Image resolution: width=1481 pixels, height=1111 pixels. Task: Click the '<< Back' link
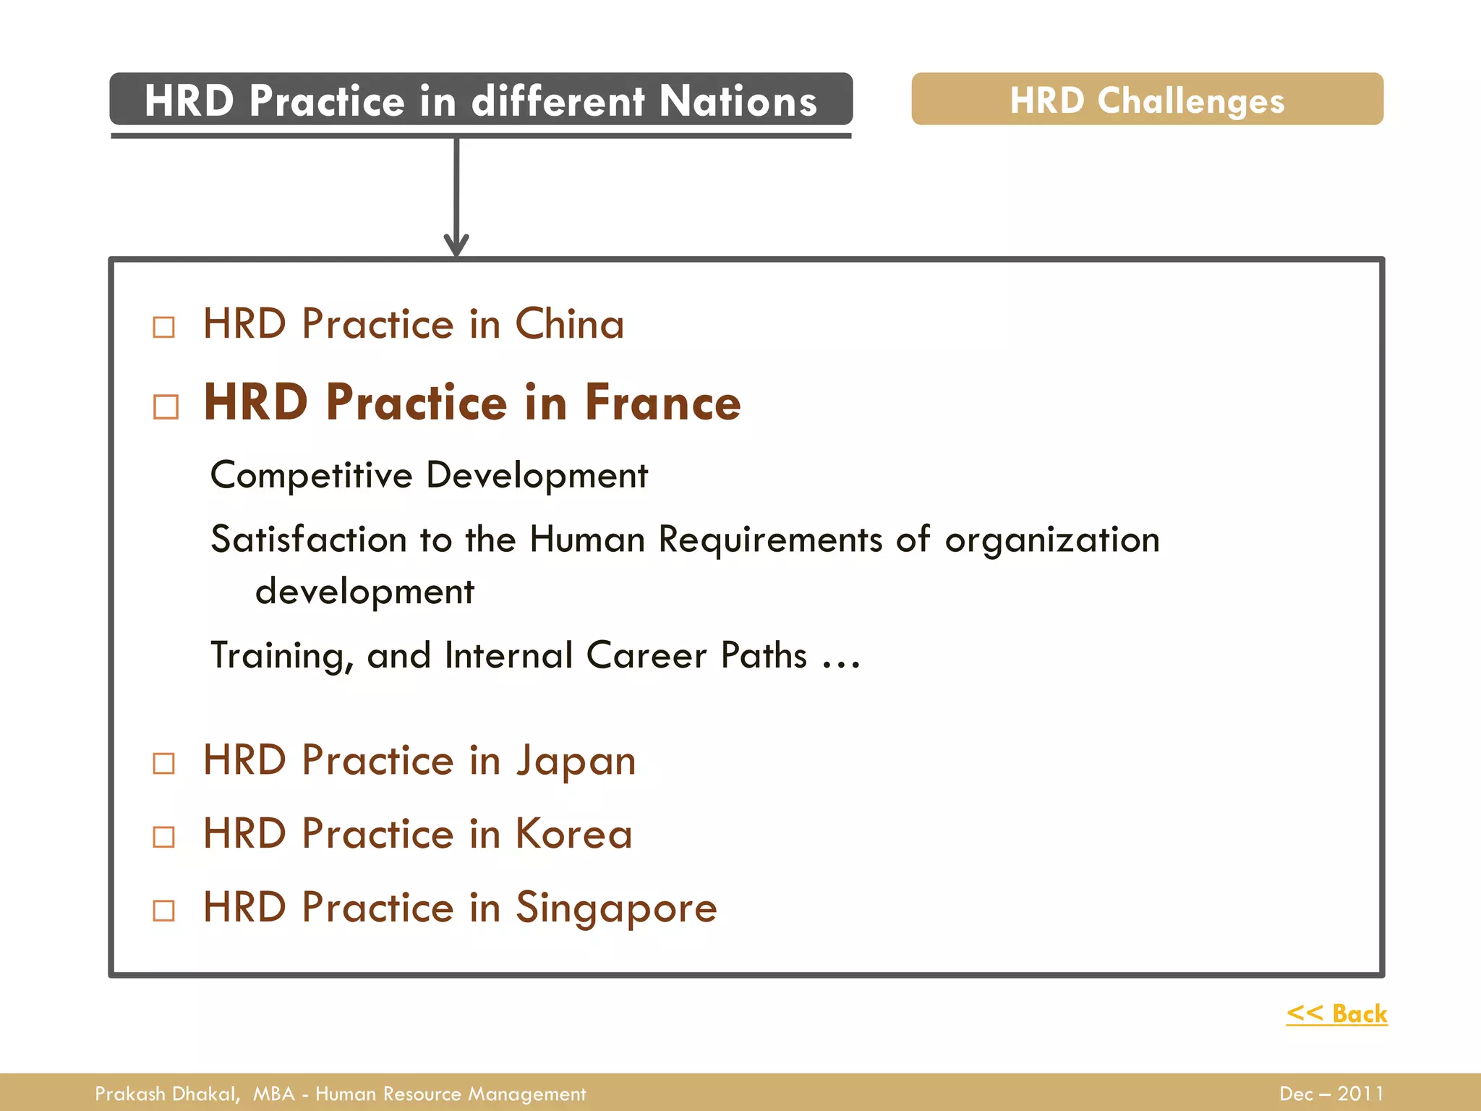[1336, 1013]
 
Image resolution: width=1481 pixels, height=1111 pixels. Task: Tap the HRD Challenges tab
[1147, 99]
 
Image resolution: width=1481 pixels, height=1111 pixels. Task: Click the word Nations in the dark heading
[738, 101]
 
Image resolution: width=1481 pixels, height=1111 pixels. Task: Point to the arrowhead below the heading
[456, 244]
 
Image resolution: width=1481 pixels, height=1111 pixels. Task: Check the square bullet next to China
[164, 327]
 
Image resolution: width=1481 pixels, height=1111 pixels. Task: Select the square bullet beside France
[166, 406]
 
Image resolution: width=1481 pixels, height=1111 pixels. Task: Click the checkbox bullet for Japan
[164, 763]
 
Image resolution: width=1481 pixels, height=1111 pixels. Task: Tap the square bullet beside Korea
[164, 837]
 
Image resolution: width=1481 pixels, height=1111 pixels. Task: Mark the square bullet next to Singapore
[164, 910]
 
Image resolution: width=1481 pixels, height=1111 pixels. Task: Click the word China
[569, 323]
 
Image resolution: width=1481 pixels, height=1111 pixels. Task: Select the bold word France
[662, 402]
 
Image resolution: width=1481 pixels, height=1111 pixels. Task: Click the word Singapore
[615, 908]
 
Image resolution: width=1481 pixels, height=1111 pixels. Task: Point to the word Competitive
[311, 475]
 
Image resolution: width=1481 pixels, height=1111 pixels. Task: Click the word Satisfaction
[309, 540]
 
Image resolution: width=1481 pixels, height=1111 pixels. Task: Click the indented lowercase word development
[365, 592]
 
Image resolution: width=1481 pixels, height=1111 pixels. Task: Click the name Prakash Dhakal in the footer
[166, 1094]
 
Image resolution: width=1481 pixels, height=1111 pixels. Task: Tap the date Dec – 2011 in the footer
[1331, 1094]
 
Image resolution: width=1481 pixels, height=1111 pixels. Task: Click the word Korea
[573, 834]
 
